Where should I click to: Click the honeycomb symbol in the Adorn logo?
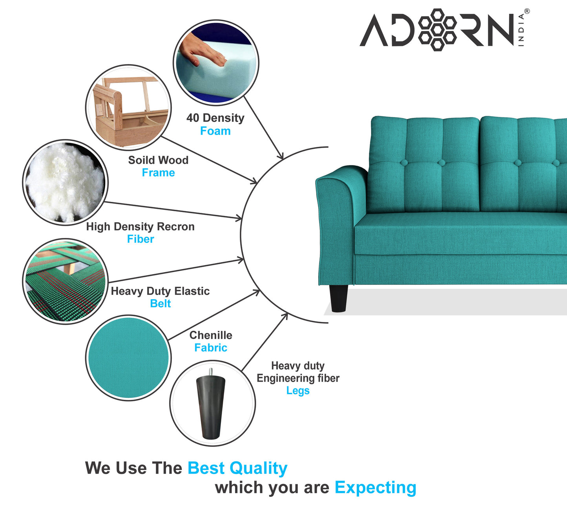[x=437, y=30]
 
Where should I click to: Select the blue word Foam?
[x=215, y=131]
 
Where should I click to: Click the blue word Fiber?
[x=140, y=239]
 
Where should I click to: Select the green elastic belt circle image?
[x=65, y=281]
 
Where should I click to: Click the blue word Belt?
[x=160, y=303]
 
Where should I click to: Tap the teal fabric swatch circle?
[x=128, y=358]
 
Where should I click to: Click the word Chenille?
[x=211, y=335]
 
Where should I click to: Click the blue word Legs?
[x=298, y=390]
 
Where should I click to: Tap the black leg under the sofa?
[x=338, y=298]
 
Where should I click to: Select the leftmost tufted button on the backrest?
[x=404, y=163]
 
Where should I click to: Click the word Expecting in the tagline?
[x=375, y=487]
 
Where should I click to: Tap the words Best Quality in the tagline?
[x=237, y=468]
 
